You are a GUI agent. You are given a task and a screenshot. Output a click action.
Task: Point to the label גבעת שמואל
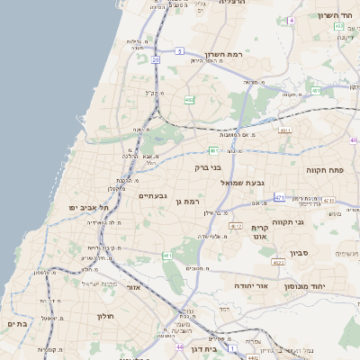pos(243,182)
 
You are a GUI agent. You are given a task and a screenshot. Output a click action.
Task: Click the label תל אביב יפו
pos(88,207)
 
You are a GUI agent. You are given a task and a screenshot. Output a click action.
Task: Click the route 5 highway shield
pos(180,51)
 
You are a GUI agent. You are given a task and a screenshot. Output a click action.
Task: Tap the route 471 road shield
pos(280,197)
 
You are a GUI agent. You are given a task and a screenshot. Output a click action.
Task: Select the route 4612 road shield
pos(235,226)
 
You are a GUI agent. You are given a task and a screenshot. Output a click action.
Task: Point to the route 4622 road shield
pos(278,262)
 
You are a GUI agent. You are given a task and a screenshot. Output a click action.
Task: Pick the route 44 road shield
pos(180,346)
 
